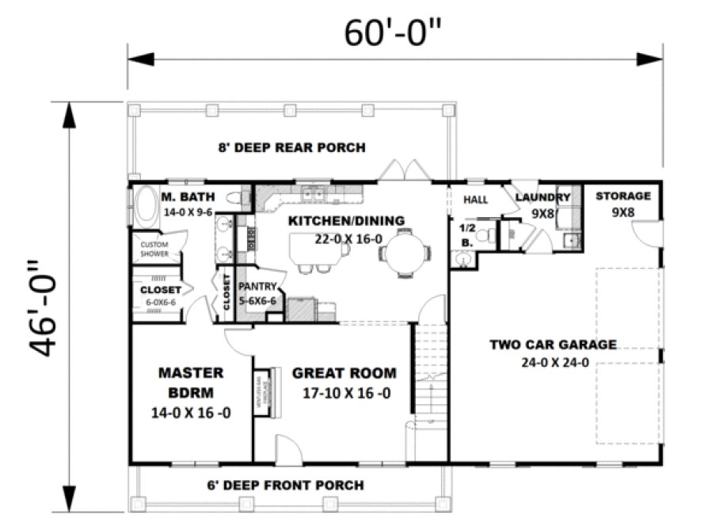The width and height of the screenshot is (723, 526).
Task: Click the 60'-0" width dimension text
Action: click(393, 32)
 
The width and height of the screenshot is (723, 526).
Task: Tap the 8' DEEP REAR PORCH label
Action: click(292, 147)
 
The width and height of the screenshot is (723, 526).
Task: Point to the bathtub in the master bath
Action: click(144, 207)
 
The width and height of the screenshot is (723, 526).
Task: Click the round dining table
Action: click(404, 253)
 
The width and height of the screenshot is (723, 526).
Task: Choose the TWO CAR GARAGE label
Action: click(553, 345)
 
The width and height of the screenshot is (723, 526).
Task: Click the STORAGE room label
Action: click(623, 196)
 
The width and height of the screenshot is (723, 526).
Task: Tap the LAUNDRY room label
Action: click(543, 197)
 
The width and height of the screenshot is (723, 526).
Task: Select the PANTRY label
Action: click(257, 286)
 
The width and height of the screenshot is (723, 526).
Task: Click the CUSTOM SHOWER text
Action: click(155, 250)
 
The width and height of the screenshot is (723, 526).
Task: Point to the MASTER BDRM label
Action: click(191, 382)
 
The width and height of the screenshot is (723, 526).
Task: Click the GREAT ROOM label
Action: click(344, 373)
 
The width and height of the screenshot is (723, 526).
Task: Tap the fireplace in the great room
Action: click(268, 392)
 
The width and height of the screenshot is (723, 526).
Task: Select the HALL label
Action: click(476, 200)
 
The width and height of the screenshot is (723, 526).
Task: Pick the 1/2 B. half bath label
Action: click(466, 234)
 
